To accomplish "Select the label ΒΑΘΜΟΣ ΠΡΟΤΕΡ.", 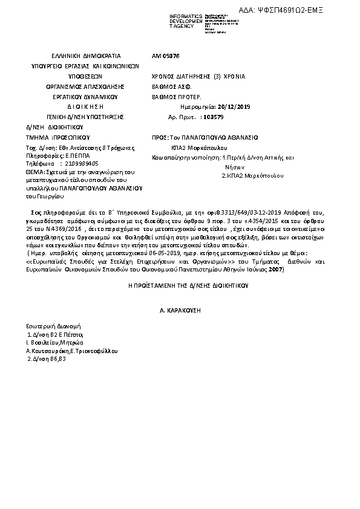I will pos(176,97).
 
